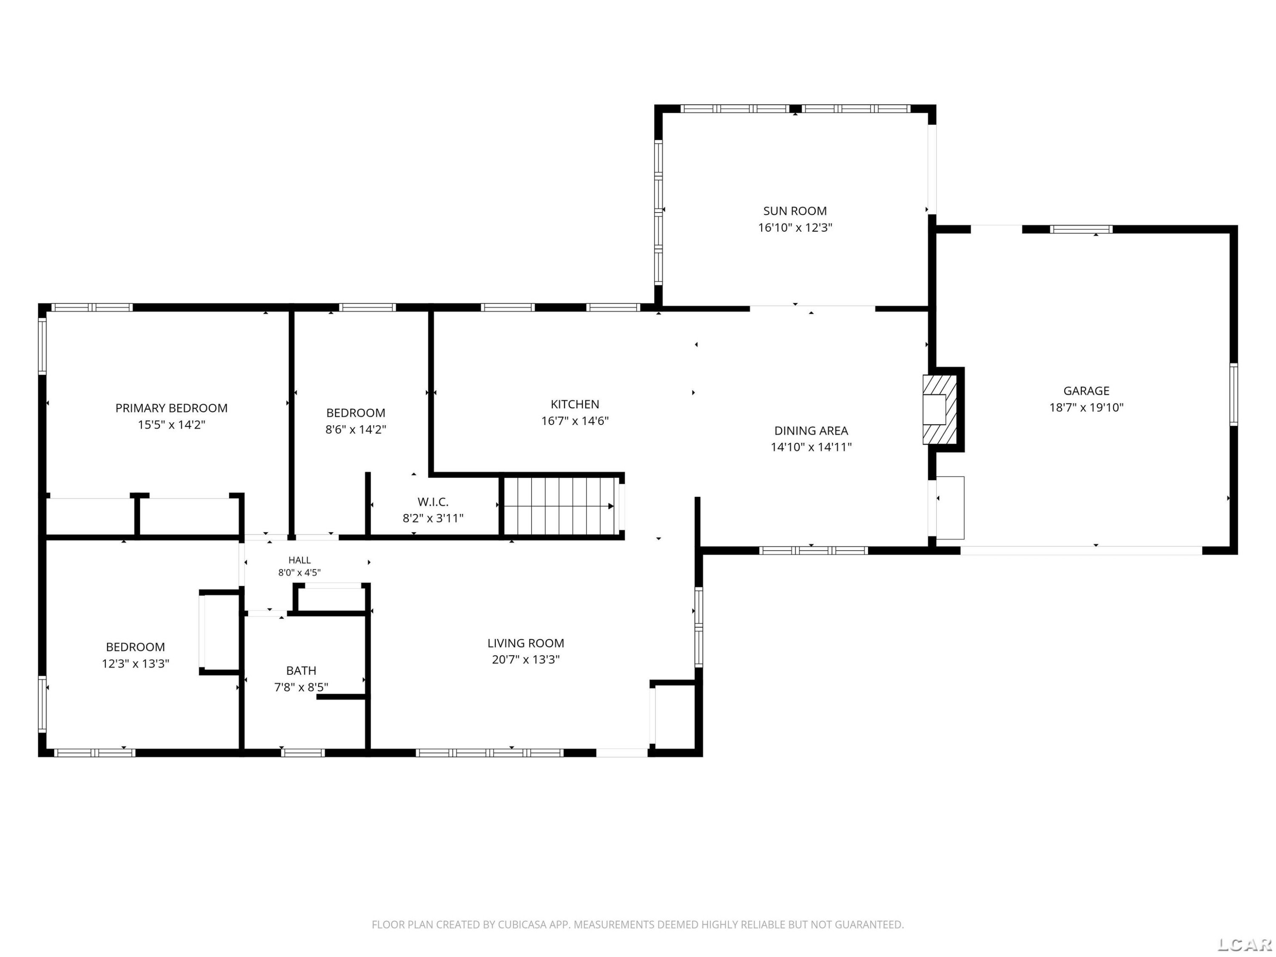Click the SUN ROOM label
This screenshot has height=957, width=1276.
point(795,211)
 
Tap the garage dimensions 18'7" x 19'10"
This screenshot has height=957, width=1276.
point(1086,407)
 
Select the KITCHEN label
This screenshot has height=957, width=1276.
point(575,404)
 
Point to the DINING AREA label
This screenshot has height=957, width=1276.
point(811,430)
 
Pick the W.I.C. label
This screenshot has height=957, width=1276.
point(433,502)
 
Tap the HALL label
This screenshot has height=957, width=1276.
point(299,560)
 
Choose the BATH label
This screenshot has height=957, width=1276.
point(301,670)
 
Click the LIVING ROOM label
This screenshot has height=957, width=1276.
point(526,643)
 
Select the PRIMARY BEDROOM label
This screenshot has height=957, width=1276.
point(171,408)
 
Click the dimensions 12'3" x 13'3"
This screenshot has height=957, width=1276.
point(136,664)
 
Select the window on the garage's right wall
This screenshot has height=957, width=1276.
point(1234,395)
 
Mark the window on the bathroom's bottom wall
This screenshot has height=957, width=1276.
point(303,753)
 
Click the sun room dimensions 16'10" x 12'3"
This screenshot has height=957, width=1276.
point(795,227)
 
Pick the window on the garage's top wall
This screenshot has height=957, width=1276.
point(1081,229)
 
